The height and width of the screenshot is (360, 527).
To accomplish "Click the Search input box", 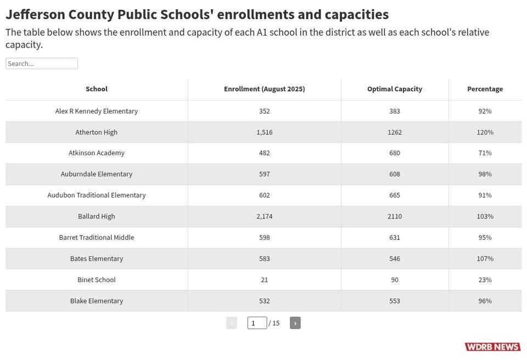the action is click(x=42, y=64).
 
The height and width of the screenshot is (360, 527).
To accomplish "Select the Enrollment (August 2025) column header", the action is click(x=265, y=89).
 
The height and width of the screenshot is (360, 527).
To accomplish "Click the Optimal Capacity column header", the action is click(x=395, y=89).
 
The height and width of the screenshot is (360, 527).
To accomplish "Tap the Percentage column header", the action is click(x=485, y=89).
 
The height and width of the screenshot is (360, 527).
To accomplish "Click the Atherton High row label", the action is click(x=97, y=132).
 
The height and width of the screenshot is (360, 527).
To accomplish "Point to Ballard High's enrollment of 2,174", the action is click(x=265, y=216).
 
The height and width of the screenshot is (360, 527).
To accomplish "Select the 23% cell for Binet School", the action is click(x=485, y=280).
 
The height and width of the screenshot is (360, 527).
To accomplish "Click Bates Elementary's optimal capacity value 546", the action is click(x=395, y=258).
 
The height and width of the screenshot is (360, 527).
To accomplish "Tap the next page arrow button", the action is click(x=295, y=323).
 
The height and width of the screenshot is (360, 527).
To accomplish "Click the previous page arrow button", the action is click(x=232, y=323).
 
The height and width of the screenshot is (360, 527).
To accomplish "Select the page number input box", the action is click(x=257, y=323).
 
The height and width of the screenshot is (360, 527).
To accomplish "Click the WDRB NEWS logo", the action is click(x=493, y=346).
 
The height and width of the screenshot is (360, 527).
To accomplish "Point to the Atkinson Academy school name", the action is click(x=97, y=153).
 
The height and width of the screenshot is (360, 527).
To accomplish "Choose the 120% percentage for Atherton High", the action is click(x=485, y=132).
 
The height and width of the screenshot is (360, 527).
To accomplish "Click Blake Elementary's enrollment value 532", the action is click(x=265, y=301).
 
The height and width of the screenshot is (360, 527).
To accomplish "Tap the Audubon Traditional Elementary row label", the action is click(x=97, y=195).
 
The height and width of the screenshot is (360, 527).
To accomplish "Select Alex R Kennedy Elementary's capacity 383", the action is click(x=395, y=111).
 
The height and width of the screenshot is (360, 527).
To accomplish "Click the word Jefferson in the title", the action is click(x=35, y=14).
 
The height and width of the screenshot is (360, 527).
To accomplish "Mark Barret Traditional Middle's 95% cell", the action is click(x=485, y=237).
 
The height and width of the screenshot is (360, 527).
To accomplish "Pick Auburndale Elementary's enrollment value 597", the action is click(x=265, y=174).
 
